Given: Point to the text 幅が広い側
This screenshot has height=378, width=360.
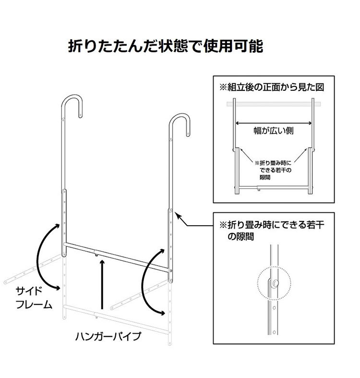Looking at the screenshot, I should pos(273,130).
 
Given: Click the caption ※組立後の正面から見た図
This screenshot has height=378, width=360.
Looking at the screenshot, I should pos(272,87).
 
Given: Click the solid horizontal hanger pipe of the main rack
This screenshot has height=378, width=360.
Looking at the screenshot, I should pos(118,257).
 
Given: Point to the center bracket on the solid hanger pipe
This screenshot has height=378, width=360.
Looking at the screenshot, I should pos(97,253).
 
